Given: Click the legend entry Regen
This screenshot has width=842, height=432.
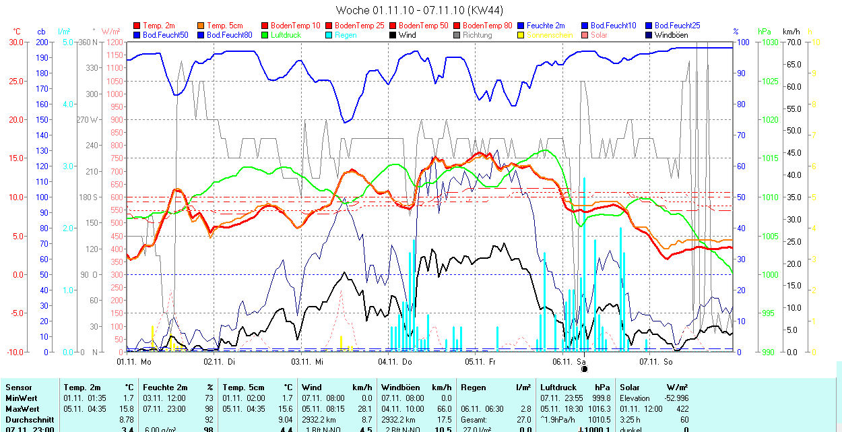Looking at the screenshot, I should coord(345,35).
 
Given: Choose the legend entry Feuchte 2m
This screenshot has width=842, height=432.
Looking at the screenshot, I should coord(546,26).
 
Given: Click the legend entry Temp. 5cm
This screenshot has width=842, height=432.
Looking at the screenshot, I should coord(225,26).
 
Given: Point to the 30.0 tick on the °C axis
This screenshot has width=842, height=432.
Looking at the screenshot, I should coord(14,42).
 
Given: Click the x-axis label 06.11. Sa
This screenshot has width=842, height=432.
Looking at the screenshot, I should coord(569,361).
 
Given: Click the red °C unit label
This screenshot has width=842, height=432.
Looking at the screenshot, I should coord(17,32).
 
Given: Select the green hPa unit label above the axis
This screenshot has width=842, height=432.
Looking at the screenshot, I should coord(764,32).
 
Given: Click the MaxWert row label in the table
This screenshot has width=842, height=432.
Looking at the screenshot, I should coord(23,409).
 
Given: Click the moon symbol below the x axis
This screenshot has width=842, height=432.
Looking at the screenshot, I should coord(584,369).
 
